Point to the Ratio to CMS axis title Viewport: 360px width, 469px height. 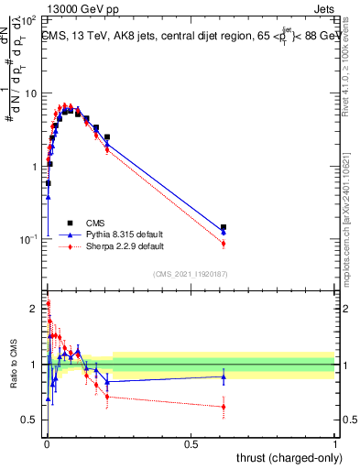pos(13,366)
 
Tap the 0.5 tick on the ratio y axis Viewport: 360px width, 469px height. pos(28,420)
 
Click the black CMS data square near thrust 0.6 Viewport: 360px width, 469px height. pos(224,227)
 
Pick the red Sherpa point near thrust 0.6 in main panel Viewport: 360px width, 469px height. pos(224,243)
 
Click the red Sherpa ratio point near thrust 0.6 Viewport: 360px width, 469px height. pos(224,407)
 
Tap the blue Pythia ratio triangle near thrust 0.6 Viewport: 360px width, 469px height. pos(224,376)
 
